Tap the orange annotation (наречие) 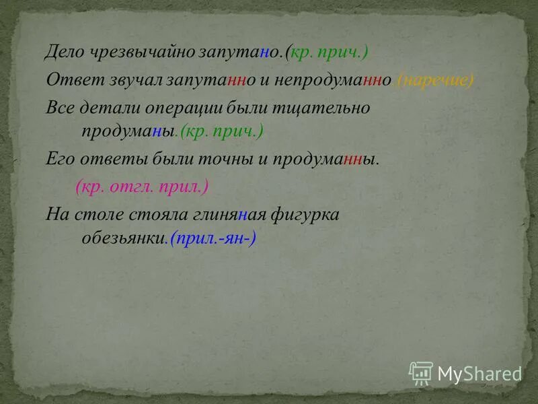click(x=436, y=80)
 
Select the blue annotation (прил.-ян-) click(x=213, y=239)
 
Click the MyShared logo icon click(x=421, y=372)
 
